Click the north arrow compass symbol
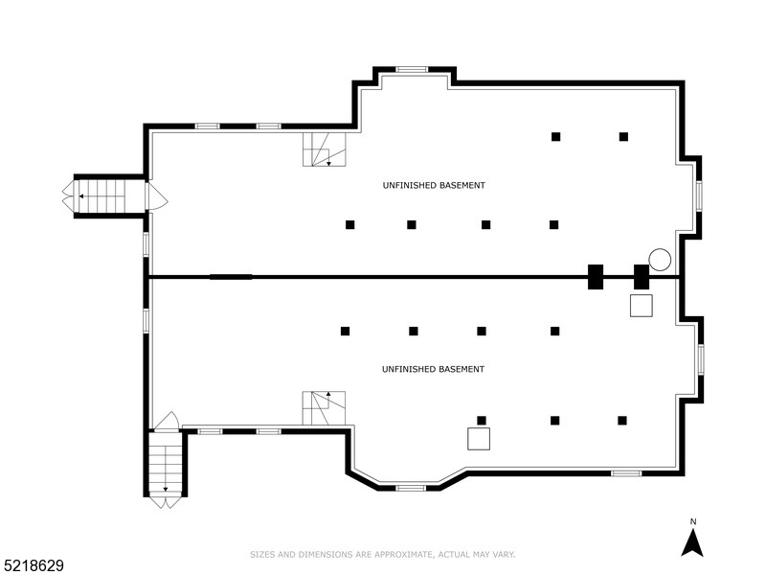(x=692, y=543)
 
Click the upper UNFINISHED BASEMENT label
(x=433, y=185)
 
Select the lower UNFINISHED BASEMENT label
(x=433, y=369)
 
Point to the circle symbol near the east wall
(x=660, y=259)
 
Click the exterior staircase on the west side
(x=101, y=196)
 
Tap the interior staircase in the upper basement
(x=325, y=149)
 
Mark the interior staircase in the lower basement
(x=325, y=408)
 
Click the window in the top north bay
(x=412, y=69)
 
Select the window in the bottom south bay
(x=411, y=488)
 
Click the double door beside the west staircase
(x=155, y=196)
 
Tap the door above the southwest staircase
(x=166, y=422)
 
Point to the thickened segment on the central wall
(x=231, y=277)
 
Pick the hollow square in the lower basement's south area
(x=479, y=439)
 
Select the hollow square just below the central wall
(x=642, y=306)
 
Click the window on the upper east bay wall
(x=699, y=196)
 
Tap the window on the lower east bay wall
(x=701, y=358)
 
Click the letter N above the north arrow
(x=692, y=521)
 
